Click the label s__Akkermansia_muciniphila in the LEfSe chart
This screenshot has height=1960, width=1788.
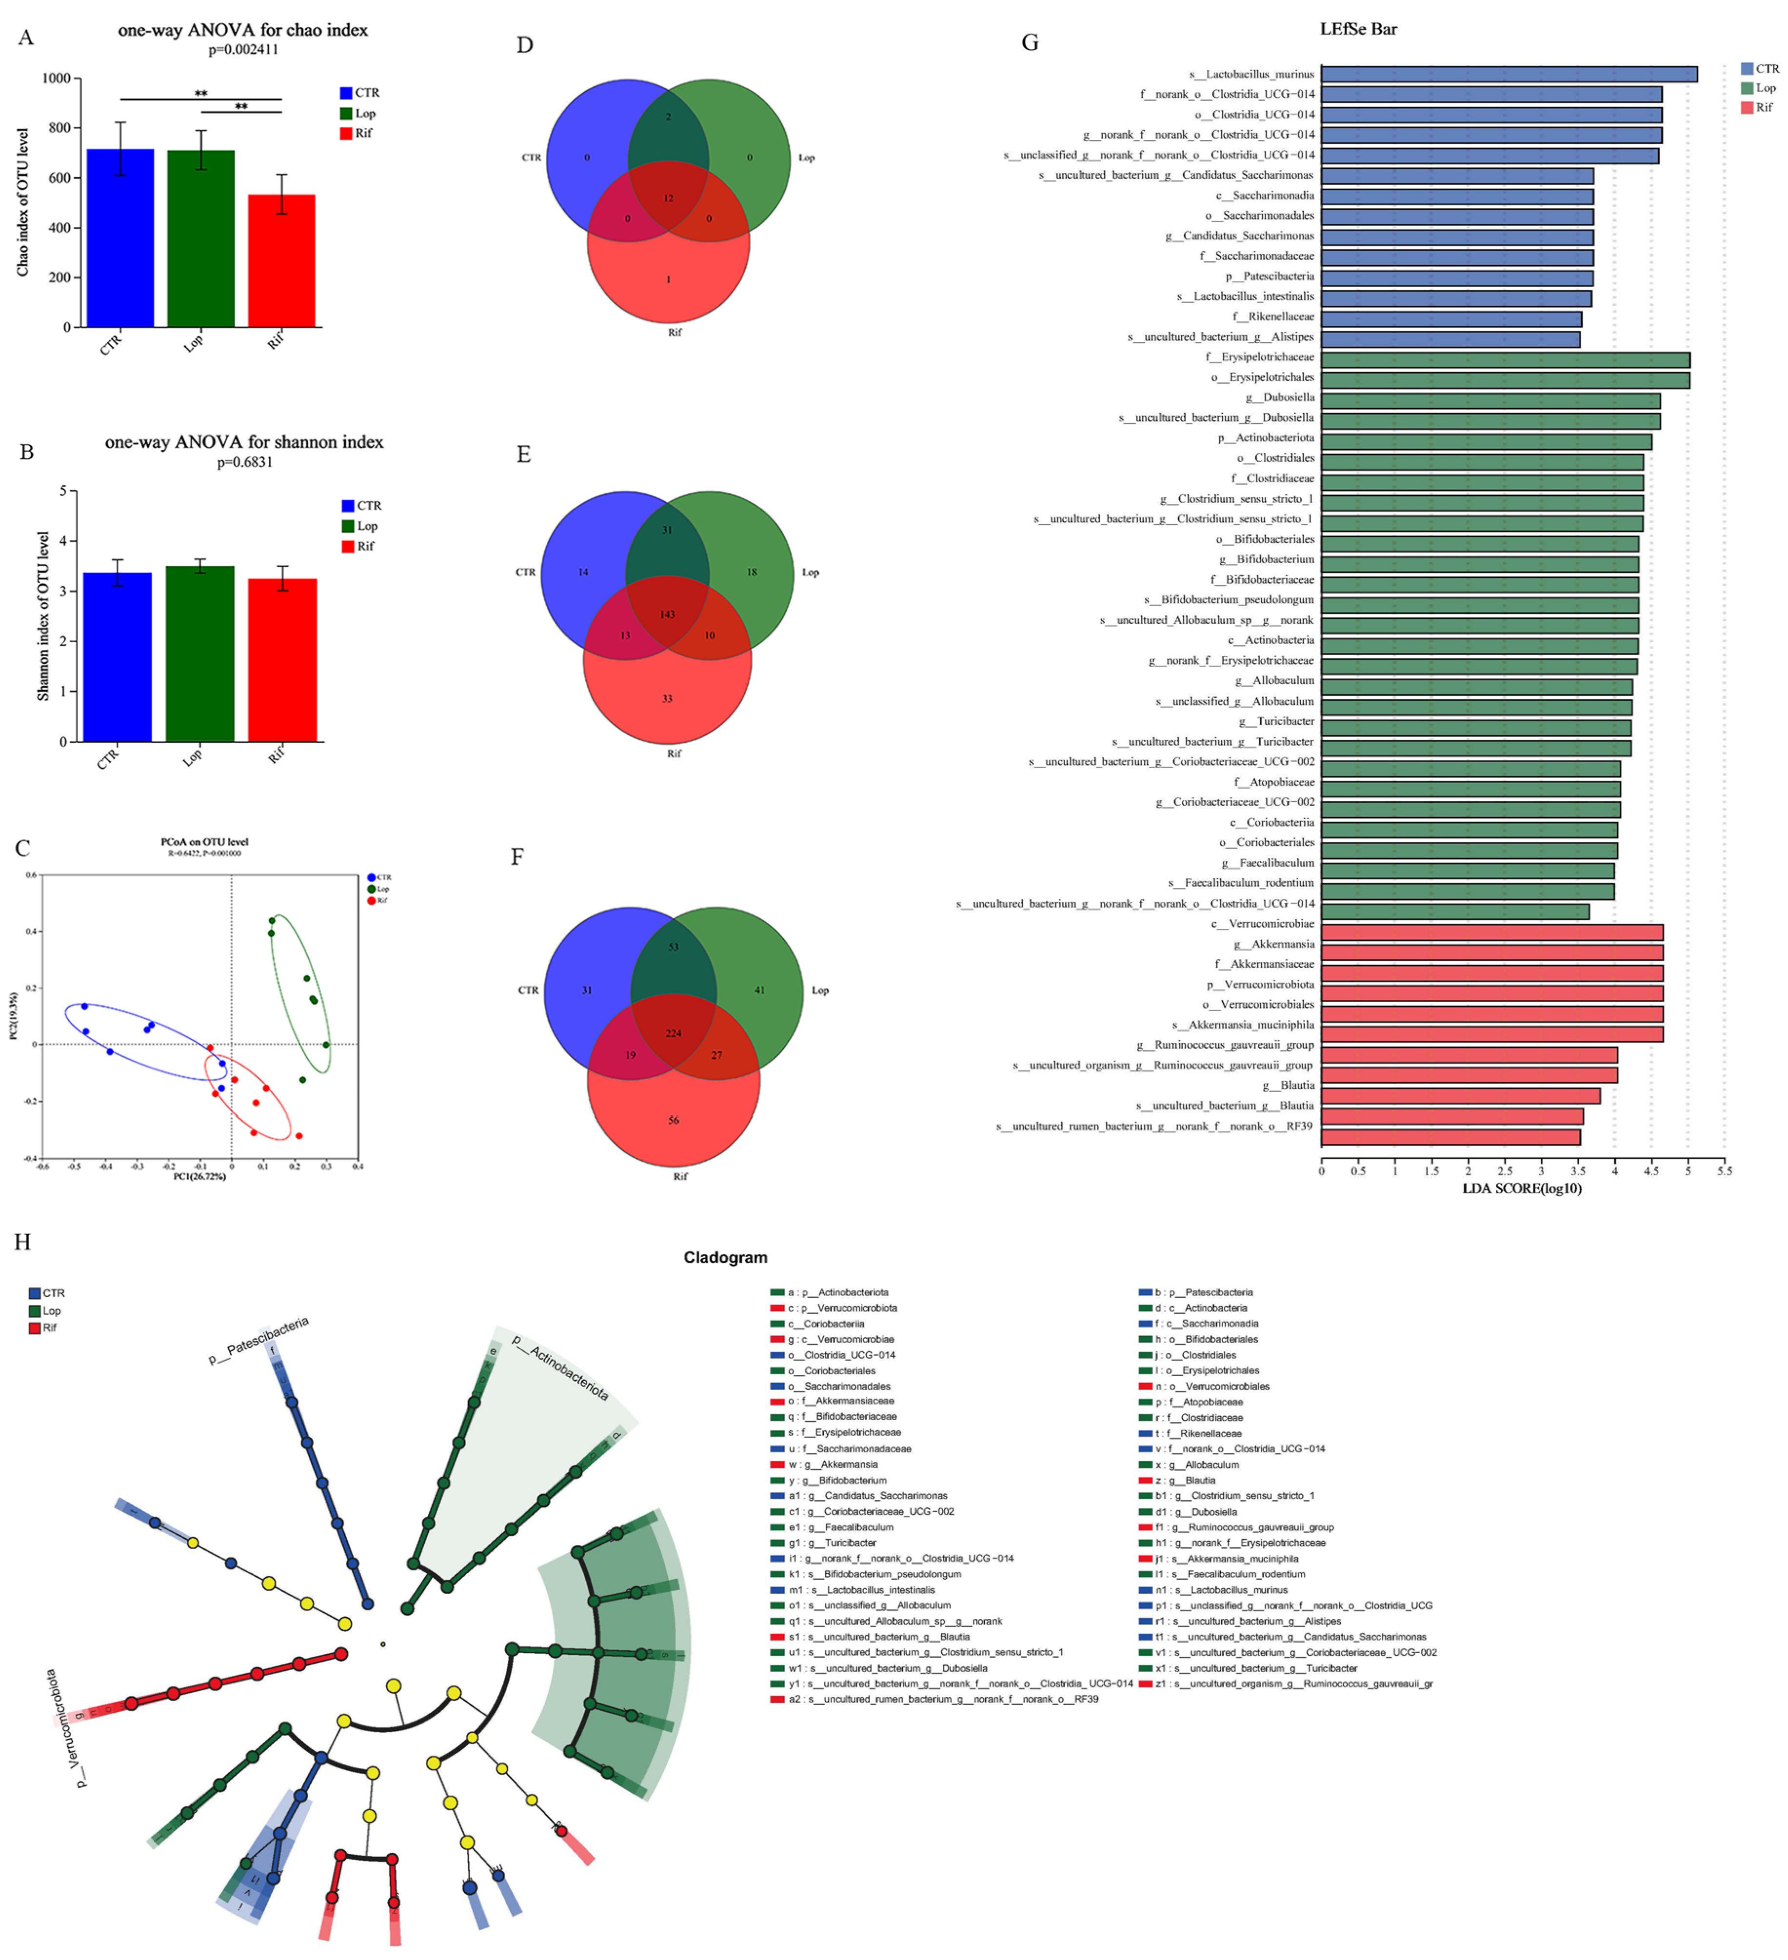(1243, 1025)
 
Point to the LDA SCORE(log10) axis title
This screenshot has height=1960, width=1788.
(1522, 1188)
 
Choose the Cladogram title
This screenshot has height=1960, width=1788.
(725, 1257)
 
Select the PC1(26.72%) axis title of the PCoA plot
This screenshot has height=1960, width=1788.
(199, 1176)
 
